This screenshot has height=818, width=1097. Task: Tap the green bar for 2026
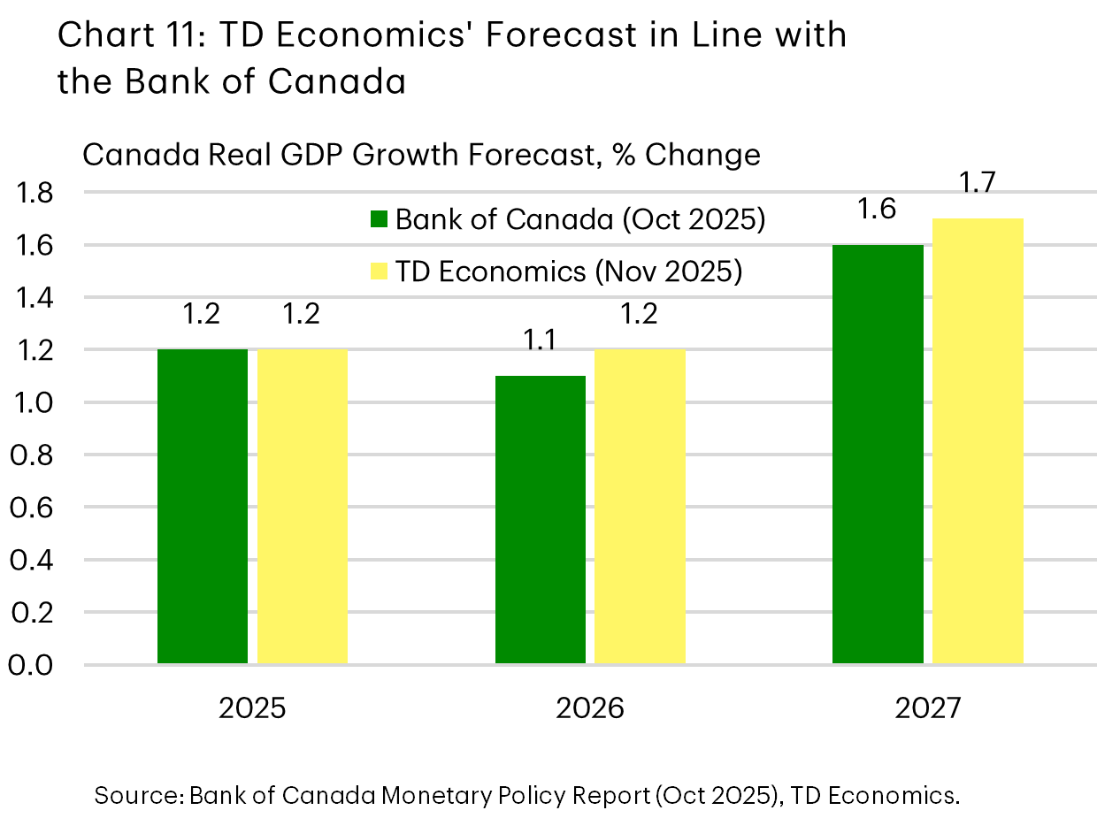tap(541, 519)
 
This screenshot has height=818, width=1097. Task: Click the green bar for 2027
tap(878, 454)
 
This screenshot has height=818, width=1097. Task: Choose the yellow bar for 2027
tap(978, 440)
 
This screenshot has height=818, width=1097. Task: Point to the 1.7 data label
tap(978, 186)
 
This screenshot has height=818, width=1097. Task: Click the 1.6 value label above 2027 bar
tap(878, 210)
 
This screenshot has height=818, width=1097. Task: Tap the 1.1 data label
tap(541, 340)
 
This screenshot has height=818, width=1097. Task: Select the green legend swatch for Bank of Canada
tap(380, 220)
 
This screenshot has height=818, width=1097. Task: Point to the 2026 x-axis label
tap(590, 709)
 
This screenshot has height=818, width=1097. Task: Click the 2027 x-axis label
tap(927, 709)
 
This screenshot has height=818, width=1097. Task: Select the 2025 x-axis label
tap(252, 709)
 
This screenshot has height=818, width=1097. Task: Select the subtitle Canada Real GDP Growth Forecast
tap(336, 155)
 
